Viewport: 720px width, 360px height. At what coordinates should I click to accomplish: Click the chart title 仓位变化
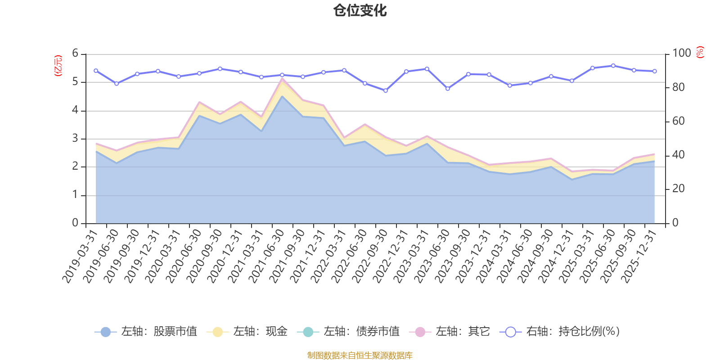pyautogui.click(x=360, y=10)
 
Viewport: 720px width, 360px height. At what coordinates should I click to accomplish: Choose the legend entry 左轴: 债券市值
pyautogui.click(x=348, y=332)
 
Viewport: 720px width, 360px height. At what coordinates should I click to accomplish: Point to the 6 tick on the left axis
pyautogui.click(x=75, y=54)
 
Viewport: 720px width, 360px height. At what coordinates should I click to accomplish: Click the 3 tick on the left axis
pyautogui.click(x=75, y=139)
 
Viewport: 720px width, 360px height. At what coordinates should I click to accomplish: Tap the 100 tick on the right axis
pyautogui.click(x=681, y=54)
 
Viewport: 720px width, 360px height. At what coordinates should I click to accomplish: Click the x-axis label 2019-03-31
pyautogui.click(x=80, y=256)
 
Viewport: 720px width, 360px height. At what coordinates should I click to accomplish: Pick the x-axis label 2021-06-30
pyautogui.click(x=267, y=256)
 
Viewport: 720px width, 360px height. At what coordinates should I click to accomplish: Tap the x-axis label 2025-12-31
pyautogui.click(x=639, y=256)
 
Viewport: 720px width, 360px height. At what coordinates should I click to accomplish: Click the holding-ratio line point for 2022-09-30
pyautogui.click(x=386, y=91)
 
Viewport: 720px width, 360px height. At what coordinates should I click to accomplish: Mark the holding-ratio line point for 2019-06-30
pyautogui.click(x=117, y=84)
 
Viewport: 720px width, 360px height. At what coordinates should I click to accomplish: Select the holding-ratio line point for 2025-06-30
pyautogui.click(x=613, y=66)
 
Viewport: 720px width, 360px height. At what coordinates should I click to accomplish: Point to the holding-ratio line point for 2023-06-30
pyautogui.click(x=448, y=89)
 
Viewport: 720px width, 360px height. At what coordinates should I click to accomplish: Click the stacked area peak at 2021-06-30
pyautogui.click(x=282, y=79)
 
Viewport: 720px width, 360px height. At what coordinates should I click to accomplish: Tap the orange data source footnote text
pyautogui.click(x=360, y=355)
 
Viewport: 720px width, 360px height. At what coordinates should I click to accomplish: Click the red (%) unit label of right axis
pyautogui.click(x=700, y=53)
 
